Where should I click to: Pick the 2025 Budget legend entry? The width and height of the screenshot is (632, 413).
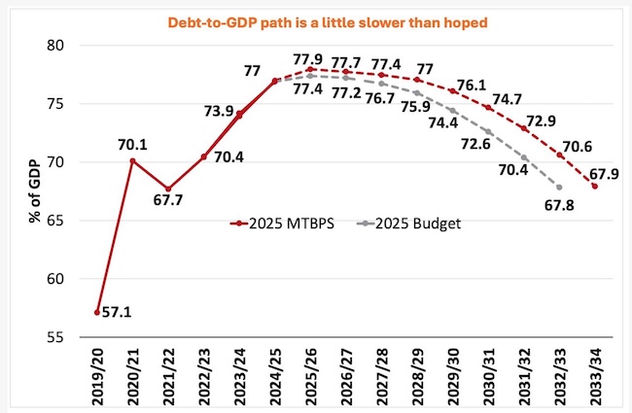pyautogui.click(x=403, y=223)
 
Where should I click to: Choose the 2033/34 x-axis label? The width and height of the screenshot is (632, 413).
pyautogui.click(x=594, y=378)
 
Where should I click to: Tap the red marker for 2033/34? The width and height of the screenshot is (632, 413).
pyautogui.click(x=594, y=187)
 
